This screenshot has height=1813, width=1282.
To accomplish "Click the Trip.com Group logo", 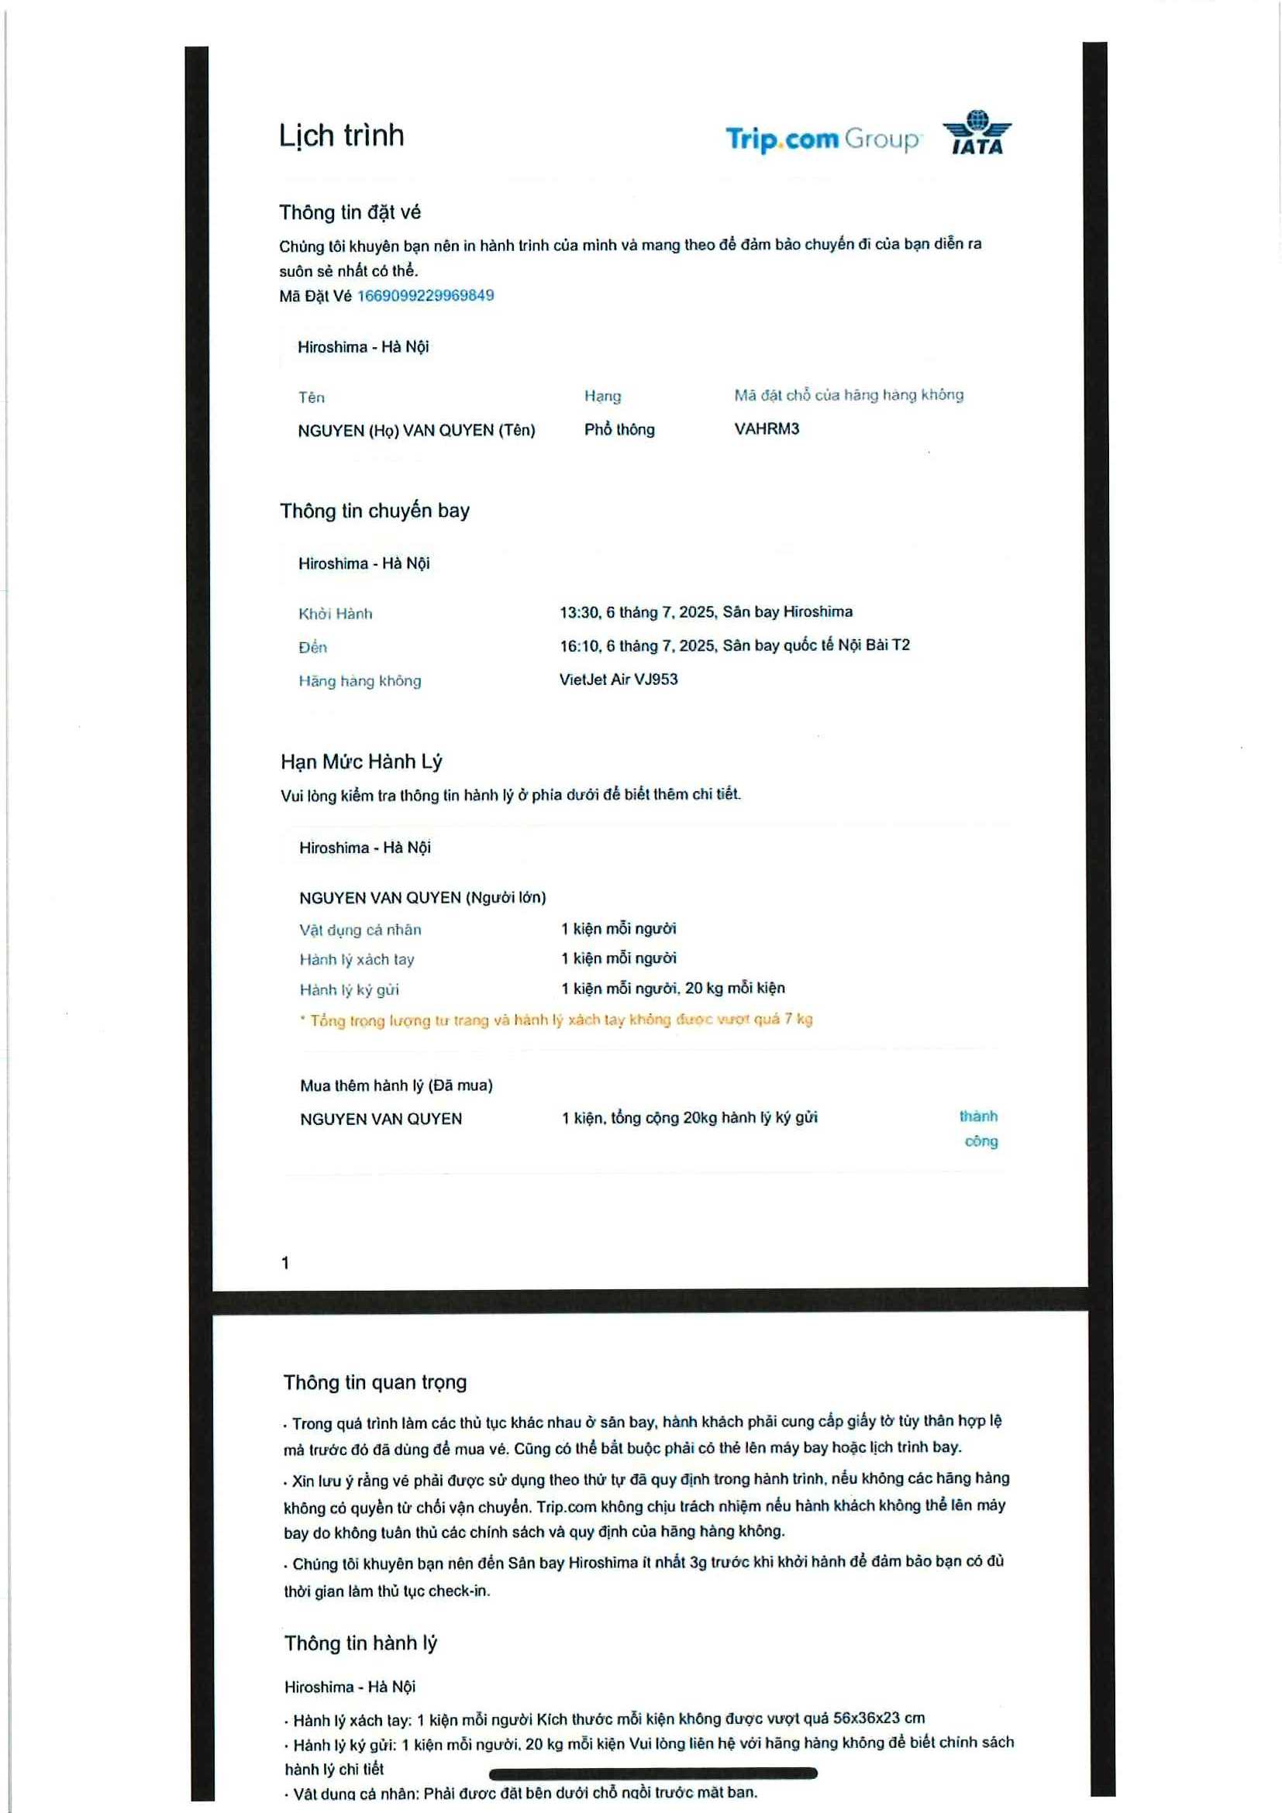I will pyautogui.click(x=822, y=139).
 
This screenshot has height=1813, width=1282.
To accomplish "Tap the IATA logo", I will pyautogui.click(x=977, y=132).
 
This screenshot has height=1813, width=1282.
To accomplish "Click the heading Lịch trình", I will pyautogui.click(x=341, y=136).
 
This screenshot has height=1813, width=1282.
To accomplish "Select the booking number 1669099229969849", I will pyautogui.click(x=426, y=295).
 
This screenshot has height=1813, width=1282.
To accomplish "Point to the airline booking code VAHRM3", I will pyautogui.click(x=767, y=428).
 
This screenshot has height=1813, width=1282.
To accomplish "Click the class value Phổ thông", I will pyautogui.click(x=619, y=429).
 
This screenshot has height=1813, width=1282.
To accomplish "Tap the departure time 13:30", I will pyautogui.click(x=579, y=612).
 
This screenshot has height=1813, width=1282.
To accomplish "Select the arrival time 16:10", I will pyautogui.click(x=579, y=646).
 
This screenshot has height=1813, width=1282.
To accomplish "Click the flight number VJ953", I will pyautogui.click(x=656, y=679).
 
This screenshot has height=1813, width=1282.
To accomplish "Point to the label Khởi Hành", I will pyautogui.click(x=335, y=614).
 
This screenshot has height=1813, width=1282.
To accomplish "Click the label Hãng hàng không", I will pyautogui.click(x=360, y=681).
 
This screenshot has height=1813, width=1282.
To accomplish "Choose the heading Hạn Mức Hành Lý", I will pyautogui.click(x=361, y=761).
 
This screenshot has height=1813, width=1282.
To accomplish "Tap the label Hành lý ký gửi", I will pyautogui.click(x=349, y=989).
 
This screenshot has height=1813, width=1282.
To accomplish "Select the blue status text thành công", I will pyautogui.click(x=980, y=1128).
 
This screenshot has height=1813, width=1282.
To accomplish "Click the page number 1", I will pyautogui.click(x=285, y=1263).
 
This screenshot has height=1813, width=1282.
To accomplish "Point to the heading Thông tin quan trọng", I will pyautogui.click(x=375, y=1382).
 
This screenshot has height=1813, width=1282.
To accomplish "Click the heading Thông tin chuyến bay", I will pyautogui.click(x=374, y=511).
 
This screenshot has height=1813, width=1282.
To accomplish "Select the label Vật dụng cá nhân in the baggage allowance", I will pyautogui.click(x=360, y=930).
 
